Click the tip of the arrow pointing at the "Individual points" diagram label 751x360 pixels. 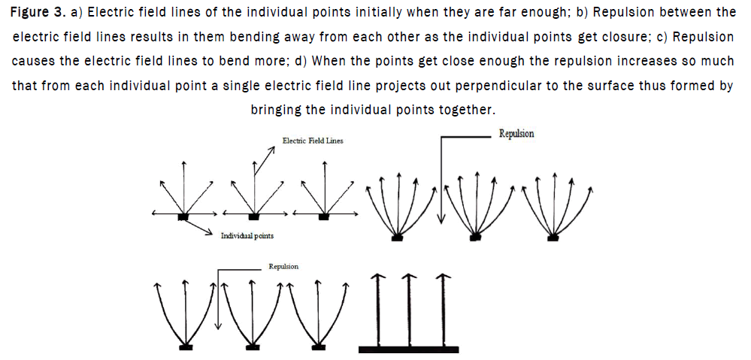click(212, 234)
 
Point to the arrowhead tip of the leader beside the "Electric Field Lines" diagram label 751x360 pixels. click(275, 147)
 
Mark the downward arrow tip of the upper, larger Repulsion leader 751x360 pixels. click(441, 223)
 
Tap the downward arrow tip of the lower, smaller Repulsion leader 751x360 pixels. click(218, 329)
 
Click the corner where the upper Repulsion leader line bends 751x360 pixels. click(441, 137)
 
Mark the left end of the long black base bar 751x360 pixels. click(359, 349)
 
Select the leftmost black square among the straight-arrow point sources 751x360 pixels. click(183, 217)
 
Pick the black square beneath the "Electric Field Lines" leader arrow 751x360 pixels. click(254, 217)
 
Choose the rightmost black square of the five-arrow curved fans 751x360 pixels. click(553, 237)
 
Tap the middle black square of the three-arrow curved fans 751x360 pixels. click(251, 346)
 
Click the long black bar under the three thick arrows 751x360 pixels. click(408, 349)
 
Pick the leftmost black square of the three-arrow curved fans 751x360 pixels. click(186, 346)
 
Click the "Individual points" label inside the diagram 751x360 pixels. click(247, 236)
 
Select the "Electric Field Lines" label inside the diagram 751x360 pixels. click(313, 141)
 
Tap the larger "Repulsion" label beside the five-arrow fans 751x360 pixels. click(516, 134)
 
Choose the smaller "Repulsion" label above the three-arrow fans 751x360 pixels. click(284, 266)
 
